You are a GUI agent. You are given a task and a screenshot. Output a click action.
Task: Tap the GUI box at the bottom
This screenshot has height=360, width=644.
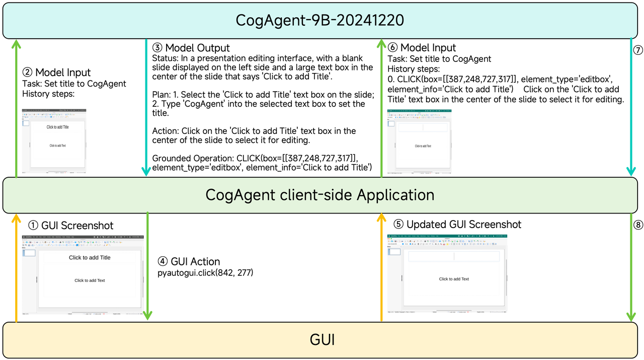(322, 340)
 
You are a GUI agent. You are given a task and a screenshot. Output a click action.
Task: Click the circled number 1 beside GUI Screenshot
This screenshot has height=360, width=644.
(33, 226)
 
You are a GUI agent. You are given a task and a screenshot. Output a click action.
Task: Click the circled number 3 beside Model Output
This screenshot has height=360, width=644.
(157, 48)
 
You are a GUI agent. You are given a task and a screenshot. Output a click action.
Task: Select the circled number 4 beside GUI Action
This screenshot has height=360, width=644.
(163, 262)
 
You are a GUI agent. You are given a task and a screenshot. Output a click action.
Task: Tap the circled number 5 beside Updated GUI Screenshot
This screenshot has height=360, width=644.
(398, 225)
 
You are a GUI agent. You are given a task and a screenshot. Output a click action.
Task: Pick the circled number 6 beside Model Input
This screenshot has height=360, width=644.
(392, 48)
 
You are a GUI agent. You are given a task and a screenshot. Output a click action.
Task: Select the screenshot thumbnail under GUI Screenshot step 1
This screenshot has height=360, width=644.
(83, 275)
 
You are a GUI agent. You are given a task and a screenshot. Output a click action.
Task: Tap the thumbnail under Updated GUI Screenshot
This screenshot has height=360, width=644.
(447, 274)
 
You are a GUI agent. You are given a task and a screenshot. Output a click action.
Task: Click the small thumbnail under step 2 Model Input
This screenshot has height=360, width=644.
(54, 141)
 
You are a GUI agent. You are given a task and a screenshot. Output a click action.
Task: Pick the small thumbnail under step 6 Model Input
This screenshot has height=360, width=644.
(419, 141)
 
